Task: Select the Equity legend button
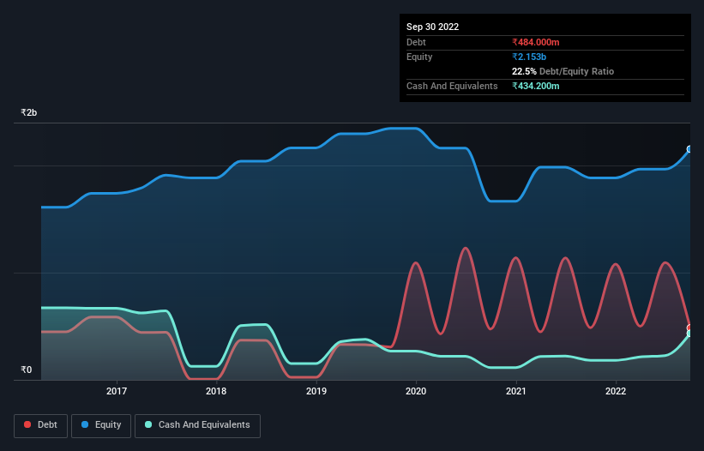click(102, 424)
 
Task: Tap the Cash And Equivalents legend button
click(197, 424)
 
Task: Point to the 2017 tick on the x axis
click(117, 392)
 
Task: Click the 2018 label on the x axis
click(216, 392)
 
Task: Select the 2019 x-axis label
click(316, 392)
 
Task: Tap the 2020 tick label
click(416, 392)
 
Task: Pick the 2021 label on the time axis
click(516, 392)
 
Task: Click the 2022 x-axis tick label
click(616, 392)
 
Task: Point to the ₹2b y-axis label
click(29, 113)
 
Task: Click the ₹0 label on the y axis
click(27, 370)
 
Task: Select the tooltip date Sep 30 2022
click(433, 27)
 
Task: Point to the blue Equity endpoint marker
click(689, 149)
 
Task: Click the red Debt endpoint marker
click(689, 328)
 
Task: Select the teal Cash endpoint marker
click(689, 334)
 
